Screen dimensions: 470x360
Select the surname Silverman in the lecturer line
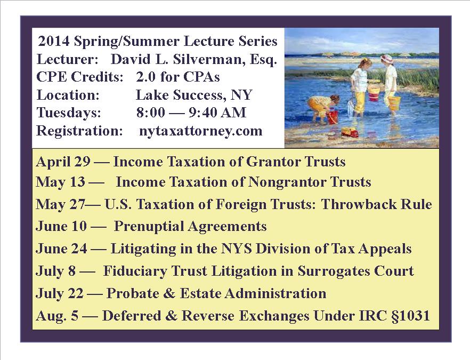pos(207,59)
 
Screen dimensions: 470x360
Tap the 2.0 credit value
pos(145,77)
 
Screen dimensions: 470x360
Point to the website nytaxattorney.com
pos(200,131)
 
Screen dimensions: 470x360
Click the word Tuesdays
pos(69,113)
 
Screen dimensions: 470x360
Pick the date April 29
pos(63,162)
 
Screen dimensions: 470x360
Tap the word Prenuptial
pos(149,227)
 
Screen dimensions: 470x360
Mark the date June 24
pos(61,249)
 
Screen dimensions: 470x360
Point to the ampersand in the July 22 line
pos(169,293)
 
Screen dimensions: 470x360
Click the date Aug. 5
pos(57,316)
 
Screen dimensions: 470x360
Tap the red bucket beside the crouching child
pos(333,117)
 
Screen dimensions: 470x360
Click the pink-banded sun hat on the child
pos(387,58)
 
